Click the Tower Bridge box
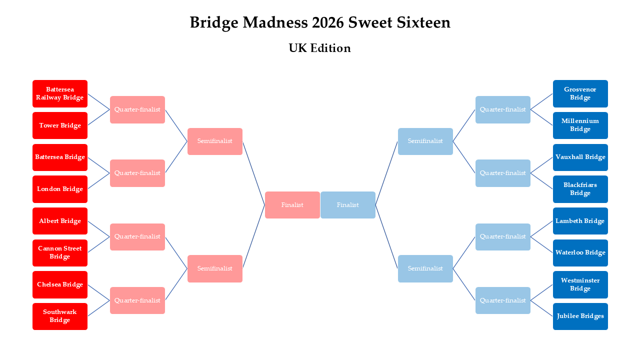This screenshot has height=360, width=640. [x=60, y=125]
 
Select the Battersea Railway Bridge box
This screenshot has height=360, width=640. [x=60, y=93]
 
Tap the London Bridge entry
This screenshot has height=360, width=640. [x=60, y=189]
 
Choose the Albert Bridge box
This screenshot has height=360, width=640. [x=60, y=221]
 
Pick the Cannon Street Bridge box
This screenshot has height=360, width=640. [x=60, y=253]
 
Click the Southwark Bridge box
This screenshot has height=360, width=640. [x=60, y=316]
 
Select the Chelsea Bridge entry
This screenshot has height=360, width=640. [x=60, y=284]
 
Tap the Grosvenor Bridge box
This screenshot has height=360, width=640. [x=580, y=93]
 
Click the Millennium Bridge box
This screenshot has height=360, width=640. [x=580, y=125]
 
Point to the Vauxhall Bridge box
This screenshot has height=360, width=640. [x=580, y=157]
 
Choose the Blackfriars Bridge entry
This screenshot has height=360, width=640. [x=580, y=189]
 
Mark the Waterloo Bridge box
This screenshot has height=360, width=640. [x=580, y=253]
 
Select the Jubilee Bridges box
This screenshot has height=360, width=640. [x=580, y=316]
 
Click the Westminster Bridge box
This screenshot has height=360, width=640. [x=580, y=284]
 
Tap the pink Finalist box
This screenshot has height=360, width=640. [x=292, y=205]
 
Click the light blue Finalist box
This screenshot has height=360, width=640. [x=347, y=205]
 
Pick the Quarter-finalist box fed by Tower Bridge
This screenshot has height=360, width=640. [x=137, y=109]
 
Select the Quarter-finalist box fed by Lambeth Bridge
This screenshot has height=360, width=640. [x=502, y=237]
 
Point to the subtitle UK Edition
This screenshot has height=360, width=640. [x=319, y=48]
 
